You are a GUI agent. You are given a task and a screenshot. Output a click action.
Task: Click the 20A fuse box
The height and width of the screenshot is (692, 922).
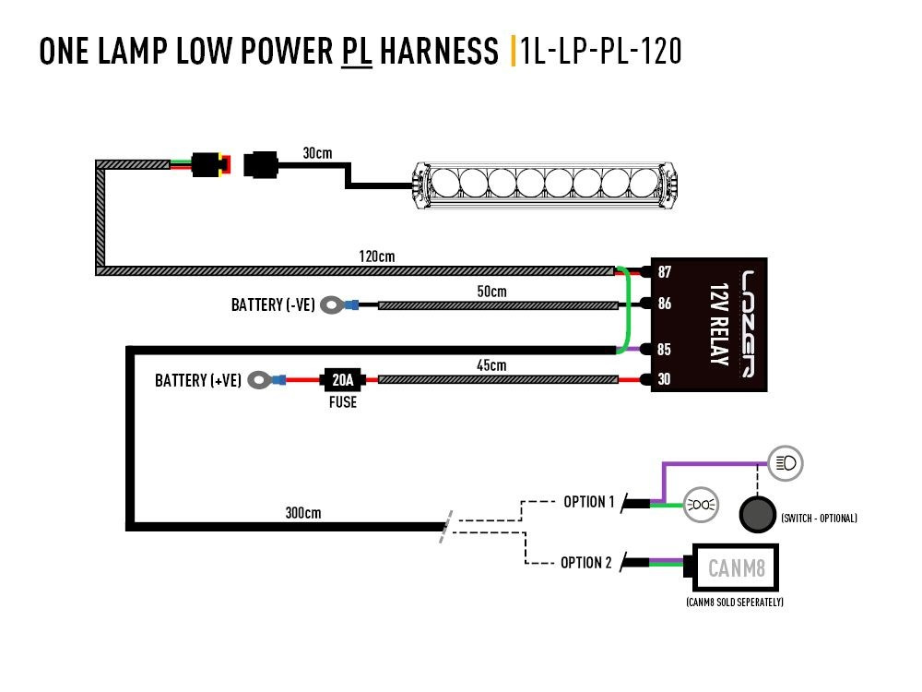(342, 379)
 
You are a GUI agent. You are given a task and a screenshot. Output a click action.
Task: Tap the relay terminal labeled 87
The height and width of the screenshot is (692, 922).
(664, 272)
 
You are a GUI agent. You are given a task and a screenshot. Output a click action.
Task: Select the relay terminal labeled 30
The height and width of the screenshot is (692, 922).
(664, 379)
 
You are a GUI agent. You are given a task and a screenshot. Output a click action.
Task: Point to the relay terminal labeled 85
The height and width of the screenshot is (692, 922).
(664, 350)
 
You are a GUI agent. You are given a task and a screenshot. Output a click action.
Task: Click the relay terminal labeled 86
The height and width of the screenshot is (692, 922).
(664, 303)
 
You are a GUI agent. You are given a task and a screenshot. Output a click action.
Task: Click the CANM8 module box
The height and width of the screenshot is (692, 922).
(736, 567)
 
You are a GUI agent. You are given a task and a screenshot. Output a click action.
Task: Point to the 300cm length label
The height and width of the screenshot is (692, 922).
(303, 513)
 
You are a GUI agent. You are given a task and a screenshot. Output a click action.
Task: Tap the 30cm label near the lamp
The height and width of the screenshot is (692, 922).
(317, 153)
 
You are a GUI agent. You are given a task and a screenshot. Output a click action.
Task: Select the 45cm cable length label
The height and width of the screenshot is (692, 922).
(492, 365)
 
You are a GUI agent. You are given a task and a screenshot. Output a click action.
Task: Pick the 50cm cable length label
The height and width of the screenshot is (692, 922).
(491, 292)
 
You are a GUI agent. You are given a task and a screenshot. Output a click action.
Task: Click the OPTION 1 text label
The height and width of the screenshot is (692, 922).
(588, 502)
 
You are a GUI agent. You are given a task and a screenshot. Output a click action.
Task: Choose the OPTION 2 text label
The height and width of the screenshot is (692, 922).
(586, 562)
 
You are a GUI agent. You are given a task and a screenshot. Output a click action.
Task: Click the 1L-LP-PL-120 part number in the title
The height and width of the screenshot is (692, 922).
(601, 51)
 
